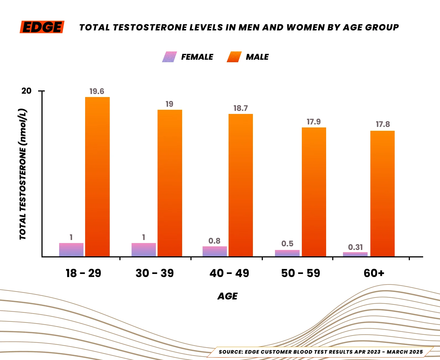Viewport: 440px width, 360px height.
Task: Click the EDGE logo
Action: coord(42,27)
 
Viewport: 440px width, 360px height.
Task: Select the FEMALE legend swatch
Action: coord(169,57)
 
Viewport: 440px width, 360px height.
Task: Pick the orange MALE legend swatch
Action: coord(234,57)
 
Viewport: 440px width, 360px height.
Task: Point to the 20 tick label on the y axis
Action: coord(27,91)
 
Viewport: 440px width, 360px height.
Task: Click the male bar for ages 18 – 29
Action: coord(97,177)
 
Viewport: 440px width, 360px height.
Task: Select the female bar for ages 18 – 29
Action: coord(71,250)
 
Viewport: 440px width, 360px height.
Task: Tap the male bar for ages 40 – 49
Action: coord(240,185)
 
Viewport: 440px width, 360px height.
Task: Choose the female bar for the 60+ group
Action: coord(355,254)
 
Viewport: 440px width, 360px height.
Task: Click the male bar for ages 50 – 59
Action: coord(314,192)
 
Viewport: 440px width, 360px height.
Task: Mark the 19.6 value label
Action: coord(97,92)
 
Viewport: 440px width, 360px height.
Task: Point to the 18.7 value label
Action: coord(240,108)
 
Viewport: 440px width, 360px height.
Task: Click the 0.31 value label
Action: coord(355,247)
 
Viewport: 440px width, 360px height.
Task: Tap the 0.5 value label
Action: coord(287,244)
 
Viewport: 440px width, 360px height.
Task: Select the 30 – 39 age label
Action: coord(155,273)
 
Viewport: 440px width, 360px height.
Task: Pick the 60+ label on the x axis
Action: coord(374,273)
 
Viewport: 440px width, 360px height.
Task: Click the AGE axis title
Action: coord(227,296)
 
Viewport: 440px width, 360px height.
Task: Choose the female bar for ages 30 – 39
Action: coord(144,250)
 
